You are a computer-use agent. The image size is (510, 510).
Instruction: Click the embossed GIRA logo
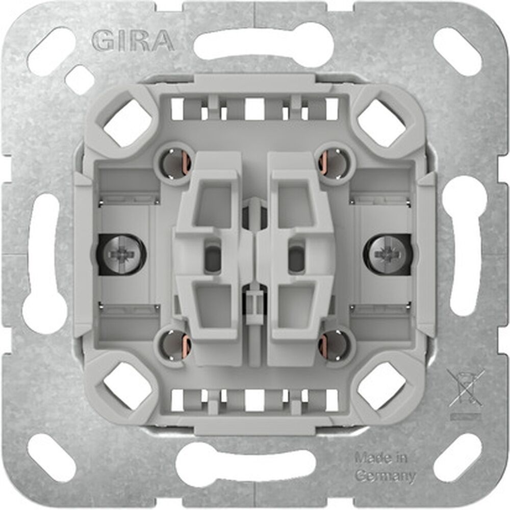[x=133, y=40]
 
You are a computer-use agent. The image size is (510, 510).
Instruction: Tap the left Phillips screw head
[x=120, y=253]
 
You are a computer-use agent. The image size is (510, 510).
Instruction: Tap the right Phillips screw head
[x=389, y=253]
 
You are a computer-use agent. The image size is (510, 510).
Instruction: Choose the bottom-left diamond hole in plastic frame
[x=127, y=387]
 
